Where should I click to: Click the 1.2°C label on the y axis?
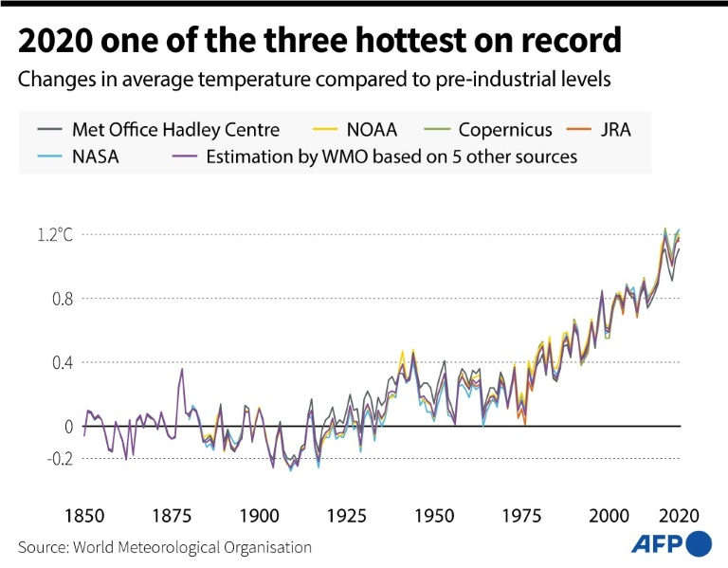coord(54,234)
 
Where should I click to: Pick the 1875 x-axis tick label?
coord(171,516)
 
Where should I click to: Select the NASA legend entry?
coord(93,156)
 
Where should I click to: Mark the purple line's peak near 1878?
coord(182,369)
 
